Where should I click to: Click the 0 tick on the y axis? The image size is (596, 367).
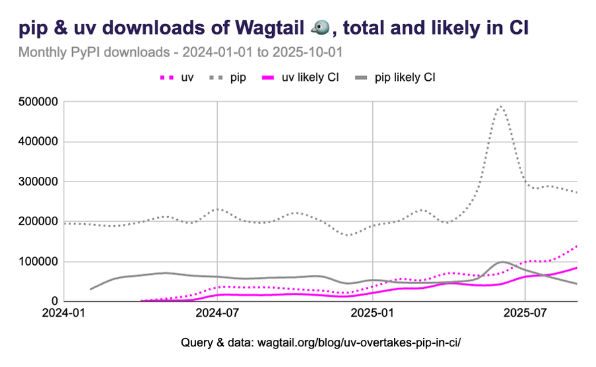(56, 301)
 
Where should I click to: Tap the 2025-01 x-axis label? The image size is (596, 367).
(373, 313)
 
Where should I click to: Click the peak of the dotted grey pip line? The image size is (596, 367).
(501, 105)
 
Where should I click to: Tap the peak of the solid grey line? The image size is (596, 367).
(502, 262)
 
